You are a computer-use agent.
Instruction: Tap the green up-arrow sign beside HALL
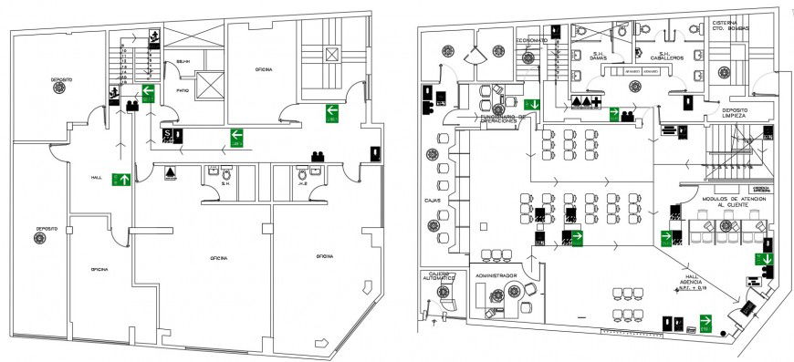click(x=121, y=180)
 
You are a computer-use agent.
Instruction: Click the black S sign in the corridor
click(x=168, y=135)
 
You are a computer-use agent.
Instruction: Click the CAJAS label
click(x=433, y=199)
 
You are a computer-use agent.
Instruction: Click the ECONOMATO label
click(x=531, y=41)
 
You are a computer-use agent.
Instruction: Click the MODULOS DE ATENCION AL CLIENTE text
click(x=726, y=202)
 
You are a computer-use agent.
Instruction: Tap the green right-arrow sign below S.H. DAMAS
click(x=615, y=114)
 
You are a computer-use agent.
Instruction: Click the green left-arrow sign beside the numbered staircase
click(x=147, y=90)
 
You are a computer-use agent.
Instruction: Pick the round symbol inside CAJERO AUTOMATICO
click(x=444, y=293)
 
